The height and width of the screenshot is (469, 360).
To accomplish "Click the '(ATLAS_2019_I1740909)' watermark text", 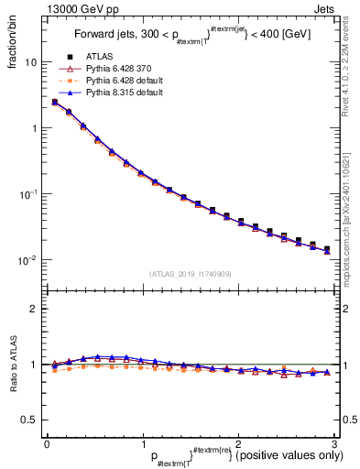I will pos(189,274).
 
